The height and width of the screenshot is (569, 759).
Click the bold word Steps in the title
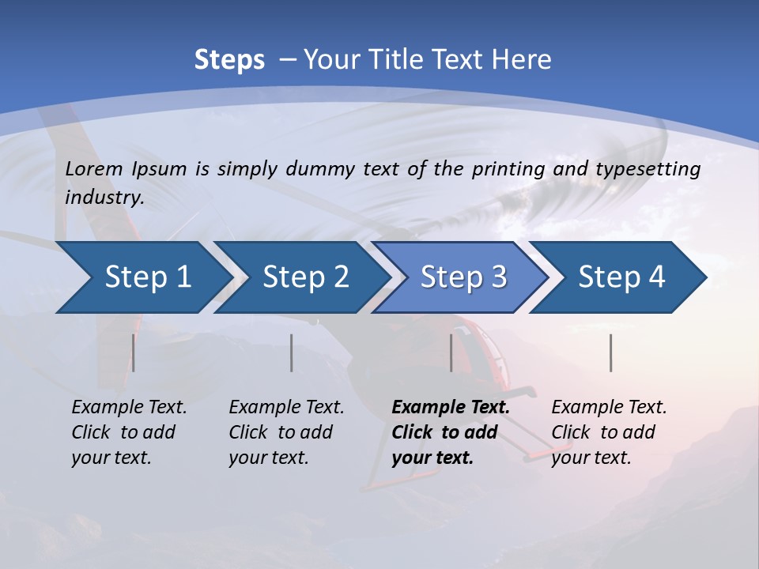(229, 60)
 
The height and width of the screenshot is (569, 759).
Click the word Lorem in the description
(93, 169)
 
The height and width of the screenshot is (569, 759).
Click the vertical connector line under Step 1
(133, 352)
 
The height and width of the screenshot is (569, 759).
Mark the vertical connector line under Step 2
(292, 352)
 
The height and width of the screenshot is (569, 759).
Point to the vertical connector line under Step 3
(451, 352)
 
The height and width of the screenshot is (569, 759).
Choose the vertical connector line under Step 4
(610, 352)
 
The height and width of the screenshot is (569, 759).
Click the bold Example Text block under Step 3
(451, 432)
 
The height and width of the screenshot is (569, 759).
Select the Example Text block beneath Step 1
(129, 432)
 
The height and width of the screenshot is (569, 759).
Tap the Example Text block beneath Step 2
(286, 432)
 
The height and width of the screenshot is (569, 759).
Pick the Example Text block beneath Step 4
(609, 432)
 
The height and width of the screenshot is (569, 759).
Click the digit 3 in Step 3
(498, 277)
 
